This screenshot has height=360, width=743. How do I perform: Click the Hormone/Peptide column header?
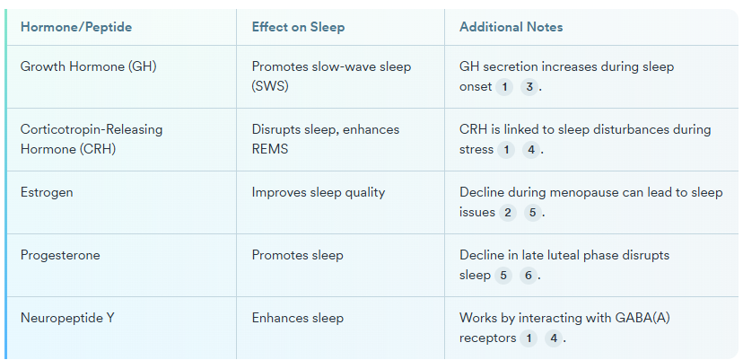point(76,27)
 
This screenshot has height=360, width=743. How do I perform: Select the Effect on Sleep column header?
point(298,27)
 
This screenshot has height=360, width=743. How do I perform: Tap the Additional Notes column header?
point(511,27)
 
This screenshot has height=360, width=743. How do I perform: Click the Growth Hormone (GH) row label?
point(88,66)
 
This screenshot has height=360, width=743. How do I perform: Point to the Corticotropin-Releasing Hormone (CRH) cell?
point(92,139)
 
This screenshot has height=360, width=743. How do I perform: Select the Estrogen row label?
point(47,192)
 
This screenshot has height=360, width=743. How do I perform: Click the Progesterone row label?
point(60,255)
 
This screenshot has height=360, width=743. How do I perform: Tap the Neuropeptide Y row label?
point(67,318)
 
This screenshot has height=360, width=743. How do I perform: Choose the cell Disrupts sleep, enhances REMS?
point(326,139)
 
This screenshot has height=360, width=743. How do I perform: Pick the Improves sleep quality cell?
point(319,192)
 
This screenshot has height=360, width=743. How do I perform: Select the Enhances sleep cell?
point(298,318)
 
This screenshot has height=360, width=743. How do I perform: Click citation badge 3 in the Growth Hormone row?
point(530,87)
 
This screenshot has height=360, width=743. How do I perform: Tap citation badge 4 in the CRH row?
point(531,150)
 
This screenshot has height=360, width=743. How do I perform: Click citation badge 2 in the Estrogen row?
point(509,213)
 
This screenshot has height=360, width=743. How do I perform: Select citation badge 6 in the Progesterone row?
point(529,276)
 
